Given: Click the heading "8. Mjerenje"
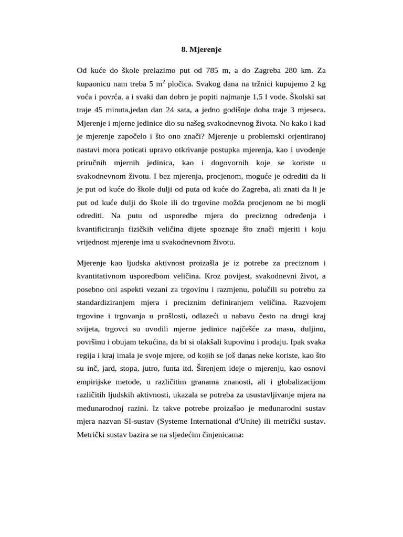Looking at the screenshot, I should pos(201,50).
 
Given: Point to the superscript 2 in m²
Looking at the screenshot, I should pos(164,82).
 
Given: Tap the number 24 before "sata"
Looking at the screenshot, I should pos(175,111).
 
